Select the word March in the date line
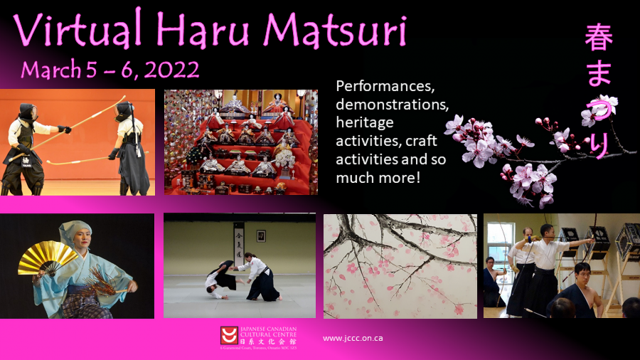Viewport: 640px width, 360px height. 48,70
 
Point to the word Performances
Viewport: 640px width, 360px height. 384,85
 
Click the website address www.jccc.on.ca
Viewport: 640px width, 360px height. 353,338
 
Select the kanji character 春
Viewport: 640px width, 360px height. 598,38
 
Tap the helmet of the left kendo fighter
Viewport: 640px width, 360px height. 28,112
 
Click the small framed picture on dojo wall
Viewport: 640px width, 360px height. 261,235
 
